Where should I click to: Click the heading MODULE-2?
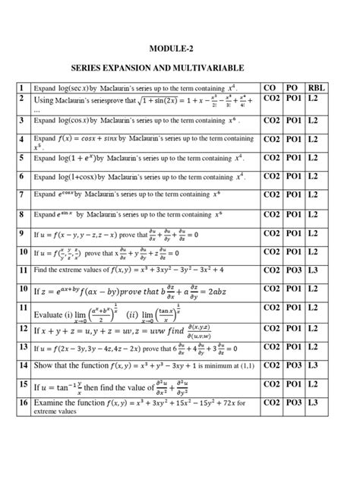click(179, 48)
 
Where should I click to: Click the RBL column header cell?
click(317, 88)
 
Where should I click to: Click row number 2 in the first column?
click(24, 99)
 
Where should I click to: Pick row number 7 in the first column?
click(24, 194)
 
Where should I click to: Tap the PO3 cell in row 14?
click(294, 366)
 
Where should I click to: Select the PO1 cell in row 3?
click(294, 119)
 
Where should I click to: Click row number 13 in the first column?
click(24, 347)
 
